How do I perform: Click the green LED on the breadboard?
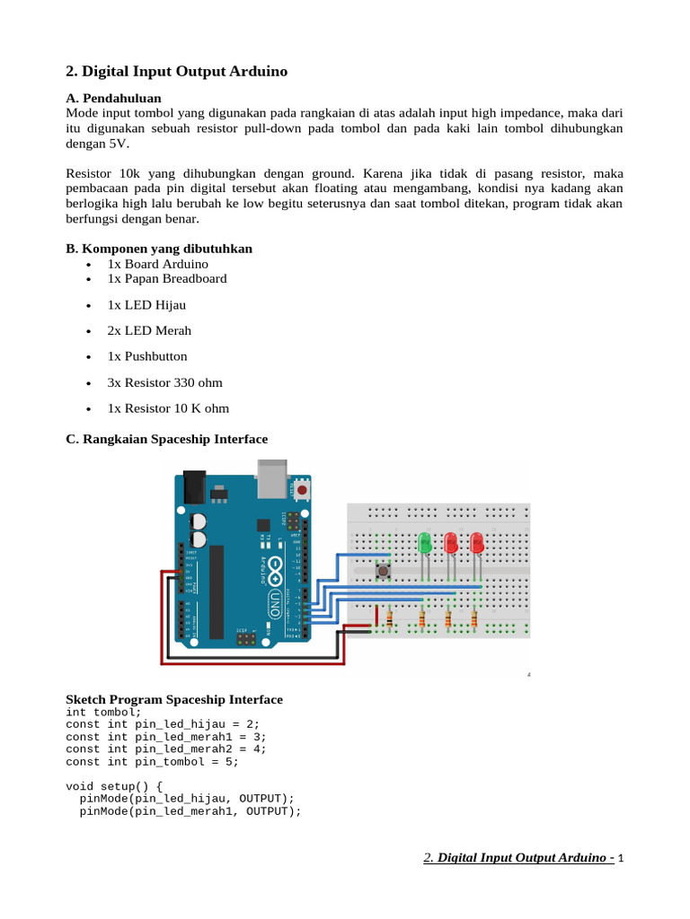coord(425,543)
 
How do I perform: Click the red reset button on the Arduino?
coord(303,490)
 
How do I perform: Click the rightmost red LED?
coord(476,543)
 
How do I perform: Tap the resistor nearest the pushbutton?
coord(389,617)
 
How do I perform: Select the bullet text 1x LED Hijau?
coord(146,304)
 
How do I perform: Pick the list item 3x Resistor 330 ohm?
coord(164,382)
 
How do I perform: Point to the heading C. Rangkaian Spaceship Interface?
coord(167,439)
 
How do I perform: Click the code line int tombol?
coord(103,712)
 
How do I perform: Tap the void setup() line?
coord(114,785)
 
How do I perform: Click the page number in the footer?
coord(620,859)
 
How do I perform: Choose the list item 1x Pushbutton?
coord(147,356)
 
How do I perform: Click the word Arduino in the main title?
coord(258,71)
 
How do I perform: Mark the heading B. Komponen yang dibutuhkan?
coord(159,249)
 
